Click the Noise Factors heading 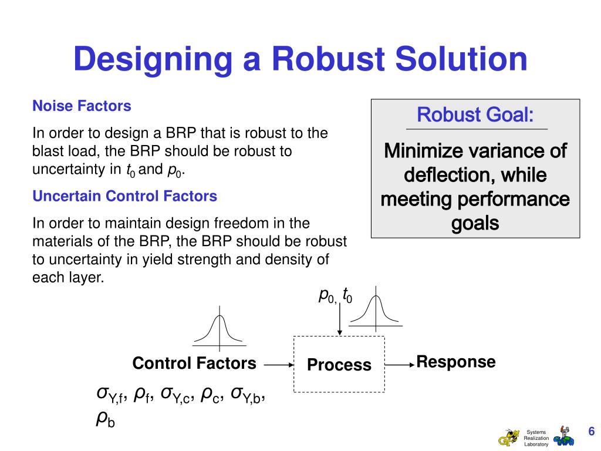[82, 106]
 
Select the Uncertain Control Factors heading [124, 196]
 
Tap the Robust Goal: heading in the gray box [475, 114]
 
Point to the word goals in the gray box [475, 223]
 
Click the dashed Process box [339, 364]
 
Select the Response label [455, 362]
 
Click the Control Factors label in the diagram [194, 364]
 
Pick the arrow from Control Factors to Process [278, 365]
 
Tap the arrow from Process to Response [400, 365]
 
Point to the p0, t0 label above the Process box [335, 296]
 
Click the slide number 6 [591, 432]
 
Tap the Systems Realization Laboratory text [536, 438]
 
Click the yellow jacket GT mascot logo [509, 437]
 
